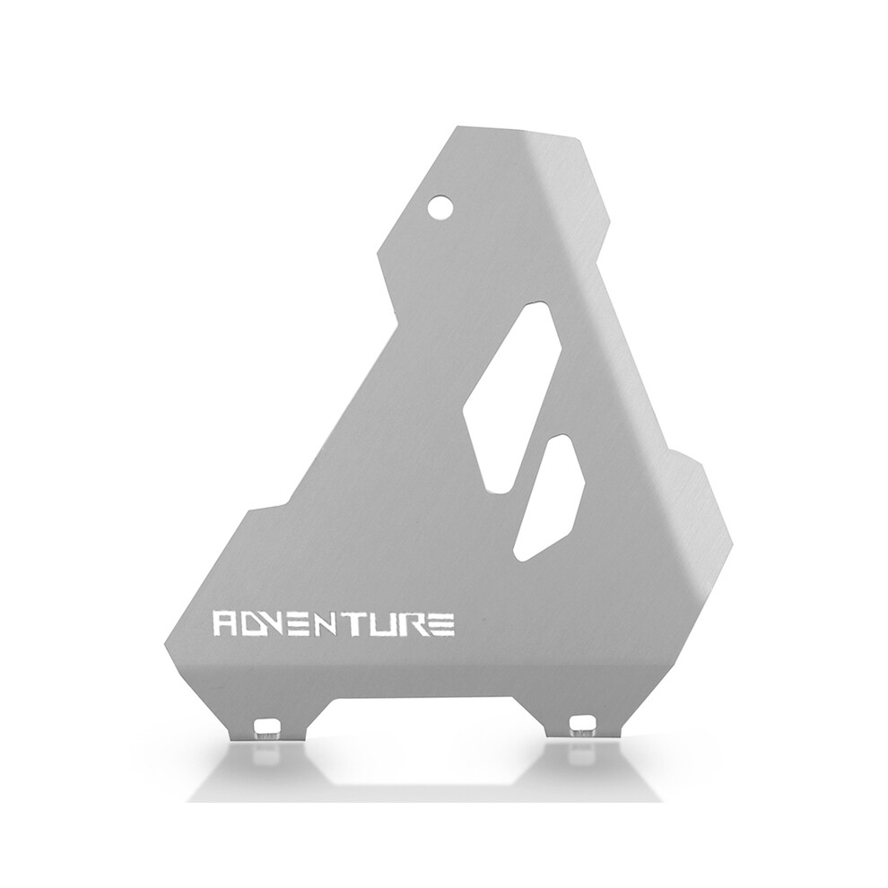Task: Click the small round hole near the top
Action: click(441, 206)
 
